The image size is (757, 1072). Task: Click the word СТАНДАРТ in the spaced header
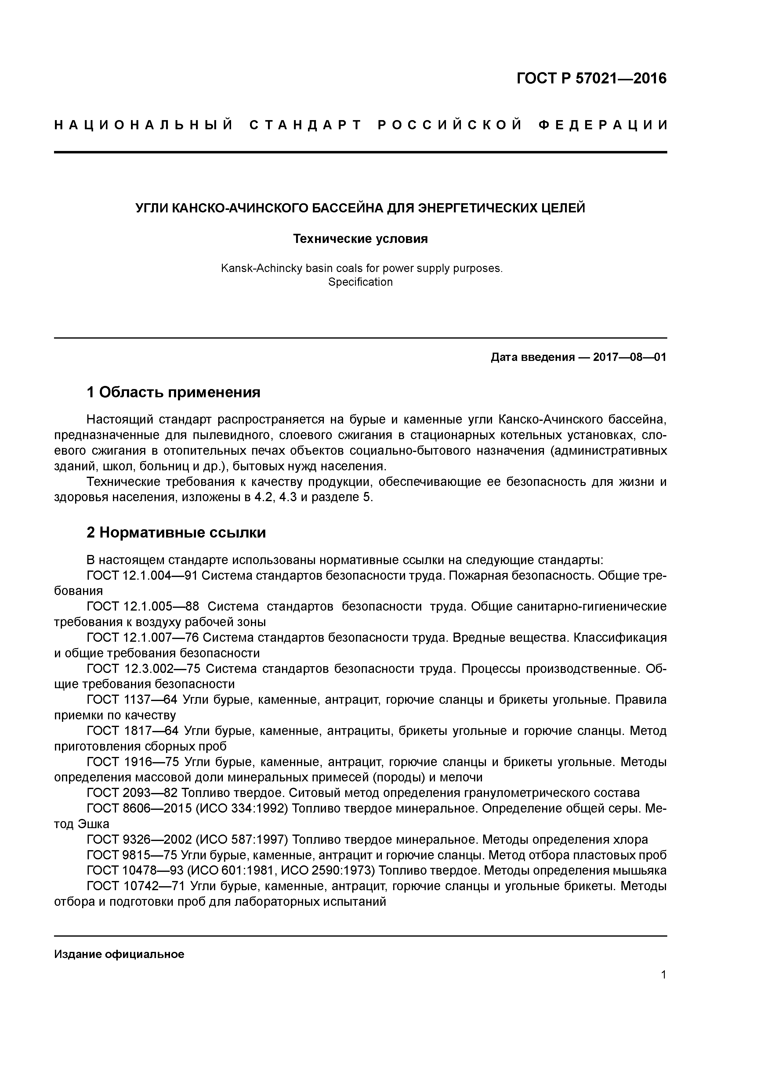tap(305, 125)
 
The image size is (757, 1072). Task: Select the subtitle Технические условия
tap(360, 239)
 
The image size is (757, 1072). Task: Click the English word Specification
tap(360, 282)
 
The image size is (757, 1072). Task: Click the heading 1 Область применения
tap(173, 392)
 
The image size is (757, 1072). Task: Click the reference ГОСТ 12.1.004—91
tap(142, 576)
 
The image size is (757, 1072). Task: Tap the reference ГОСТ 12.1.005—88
tap(142, 607)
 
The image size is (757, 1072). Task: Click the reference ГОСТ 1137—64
tap(132, 700)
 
